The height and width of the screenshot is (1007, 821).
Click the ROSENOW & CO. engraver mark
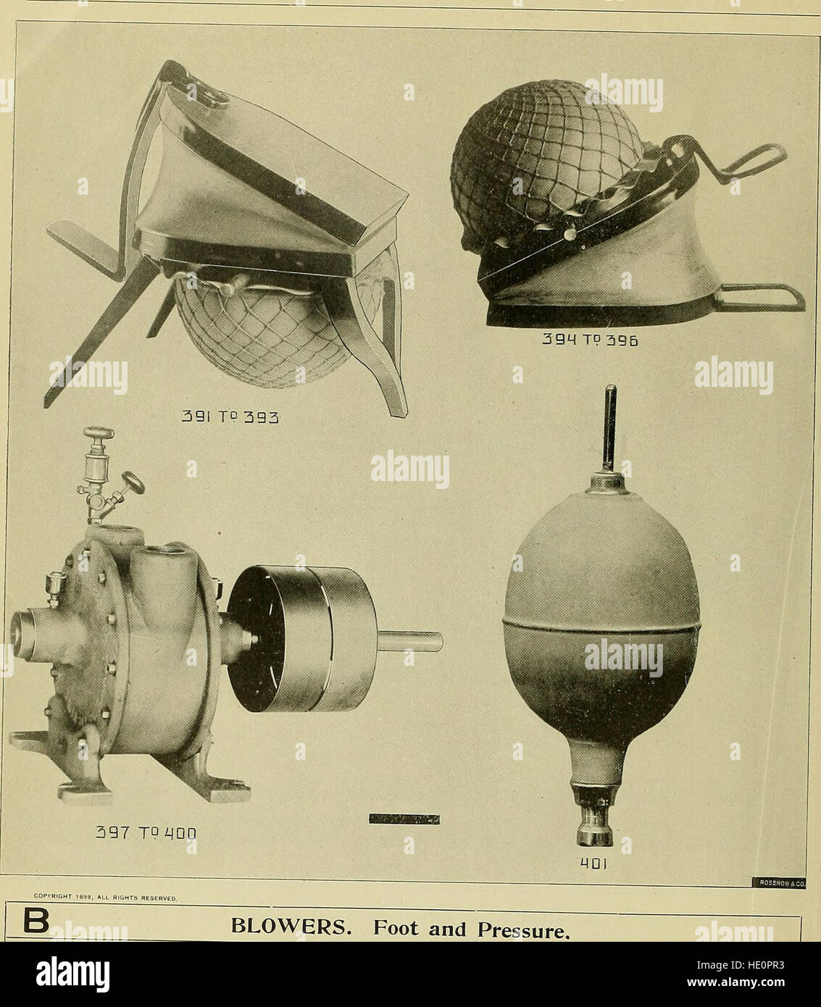click(x=783, y=882)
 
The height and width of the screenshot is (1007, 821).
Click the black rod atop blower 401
click(x=610, y=427)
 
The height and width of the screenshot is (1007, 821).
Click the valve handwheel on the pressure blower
click(x=133, y=482)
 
